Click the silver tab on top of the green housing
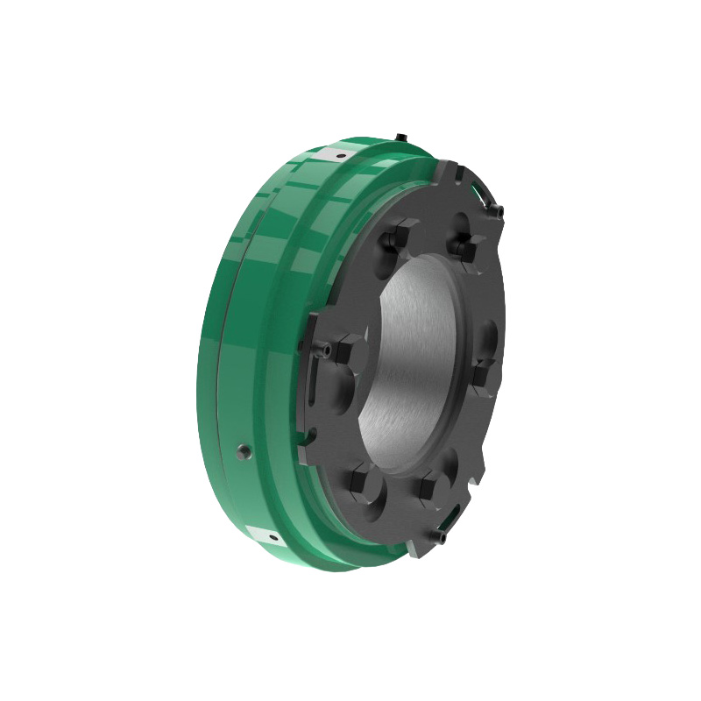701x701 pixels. [337, 155]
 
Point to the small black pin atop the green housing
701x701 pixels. [400, 138]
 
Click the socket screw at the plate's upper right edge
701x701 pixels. [498, 211]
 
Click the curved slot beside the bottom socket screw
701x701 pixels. [456, 513]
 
